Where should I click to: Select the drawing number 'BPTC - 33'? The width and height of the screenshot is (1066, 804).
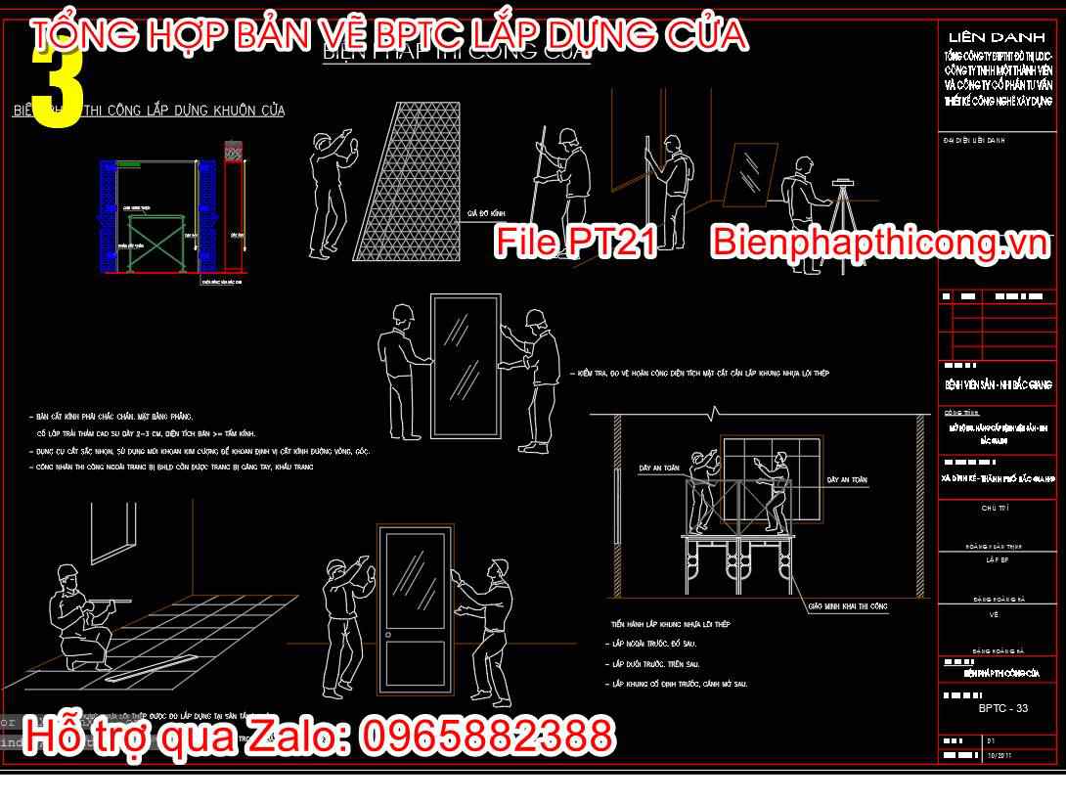click(1002, 707)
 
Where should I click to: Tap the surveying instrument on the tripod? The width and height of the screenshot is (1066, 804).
click(842, 182)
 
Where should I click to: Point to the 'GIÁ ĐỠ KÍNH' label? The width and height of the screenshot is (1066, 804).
click(485, 211)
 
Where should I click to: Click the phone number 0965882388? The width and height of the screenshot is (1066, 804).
click(488, 736)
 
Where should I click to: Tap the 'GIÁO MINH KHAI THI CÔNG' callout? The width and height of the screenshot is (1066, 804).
click(847, 606)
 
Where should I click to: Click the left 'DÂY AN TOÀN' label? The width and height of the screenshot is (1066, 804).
click(658, 468)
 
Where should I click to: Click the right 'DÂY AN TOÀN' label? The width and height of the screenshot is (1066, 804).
click(847, 480)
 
